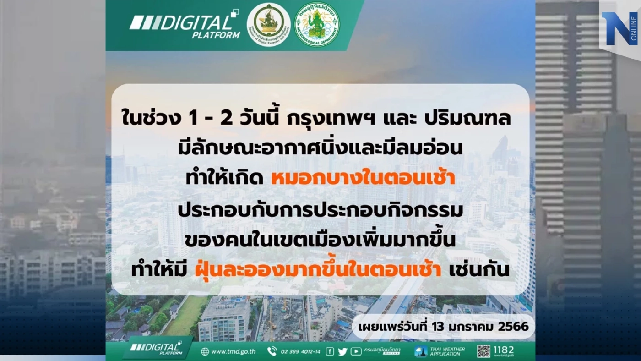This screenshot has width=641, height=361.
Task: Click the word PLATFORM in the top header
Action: [223, 35]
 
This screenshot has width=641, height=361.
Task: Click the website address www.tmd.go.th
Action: [234, 351]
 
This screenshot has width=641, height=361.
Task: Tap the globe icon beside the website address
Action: [205, 351]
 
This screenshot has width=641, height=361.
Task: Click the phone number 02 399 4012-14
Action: [299, 351]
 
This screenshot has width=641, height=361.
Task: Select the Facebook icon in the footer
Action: [330, 351]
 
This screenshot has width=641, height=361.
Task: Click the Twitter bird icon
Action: [342, 351]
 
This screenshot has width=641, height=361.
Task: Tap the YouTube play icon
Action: [356, 351]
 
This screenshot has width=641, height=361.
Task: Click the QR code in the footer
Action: [483, 351]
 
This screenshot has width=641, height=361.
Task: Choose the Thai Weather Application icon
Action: [421, 351]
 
